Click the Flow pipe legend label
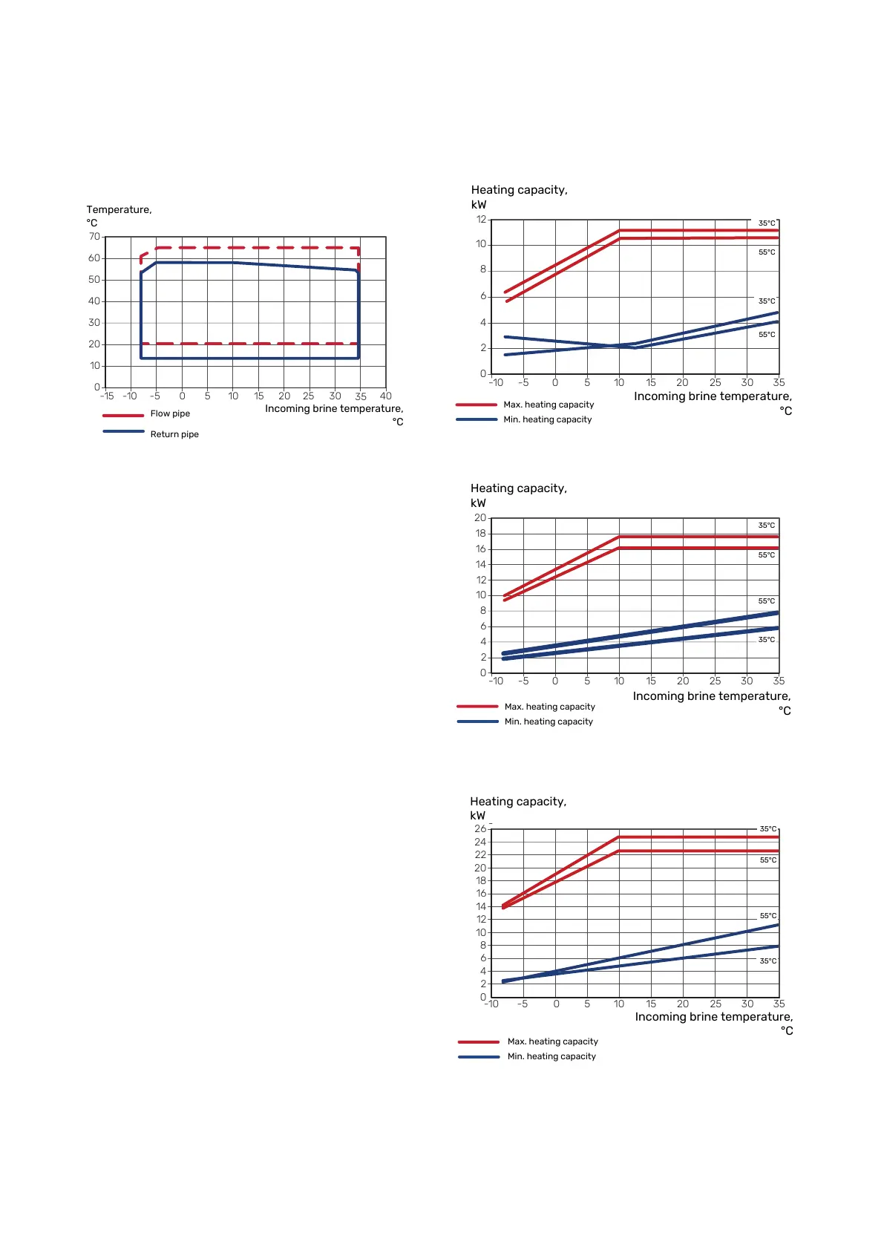pyautogui.click(x=170, y=413)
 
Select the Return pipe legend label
pyautogui.click(x=174, y=434)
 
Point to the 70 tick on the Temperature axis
pyautogui.click(x=94, y=237)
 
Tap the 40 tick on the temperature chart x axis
pyautogui.click(x=386, y=396)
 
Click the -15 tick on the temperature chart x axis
pyautogui.click(x=107, y=396)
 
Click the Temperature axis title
pyautogui.click(x=119, y=215)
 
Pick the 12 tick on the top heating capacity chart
pyautogui.click(x=481, y=220)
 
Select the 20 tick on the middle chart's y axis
pyautogui.click(x=480, y=518)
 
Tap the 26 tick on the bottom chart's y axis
pyautogui.click(x=480, y=829)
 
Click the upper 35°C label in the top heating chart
pyautogui.click(x=767, y=223)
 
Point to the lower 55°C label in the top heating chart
pyautogui.click(x=767, y=335)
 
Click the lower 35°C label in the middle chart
pyautogui.click(x=767, y=640)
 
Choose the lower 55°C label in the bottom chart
pyautogui.click(x=768, y=916)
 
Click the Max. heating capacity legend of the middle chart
pyautogui.click(x=549, y=707)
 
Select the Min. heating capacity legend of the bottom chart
pyautogui.click(x=551, y=1056)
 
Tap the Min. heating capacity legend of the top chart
pyautogui.click(x=548, y=419)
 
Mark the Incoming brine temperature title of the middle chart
pyautogui.click(x=712, y=696)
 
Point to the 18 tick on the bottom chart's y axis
pyautogui.click(x=481, y=881)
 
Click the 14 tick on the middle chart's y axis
pyautogui.click(x=481, y=565)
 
